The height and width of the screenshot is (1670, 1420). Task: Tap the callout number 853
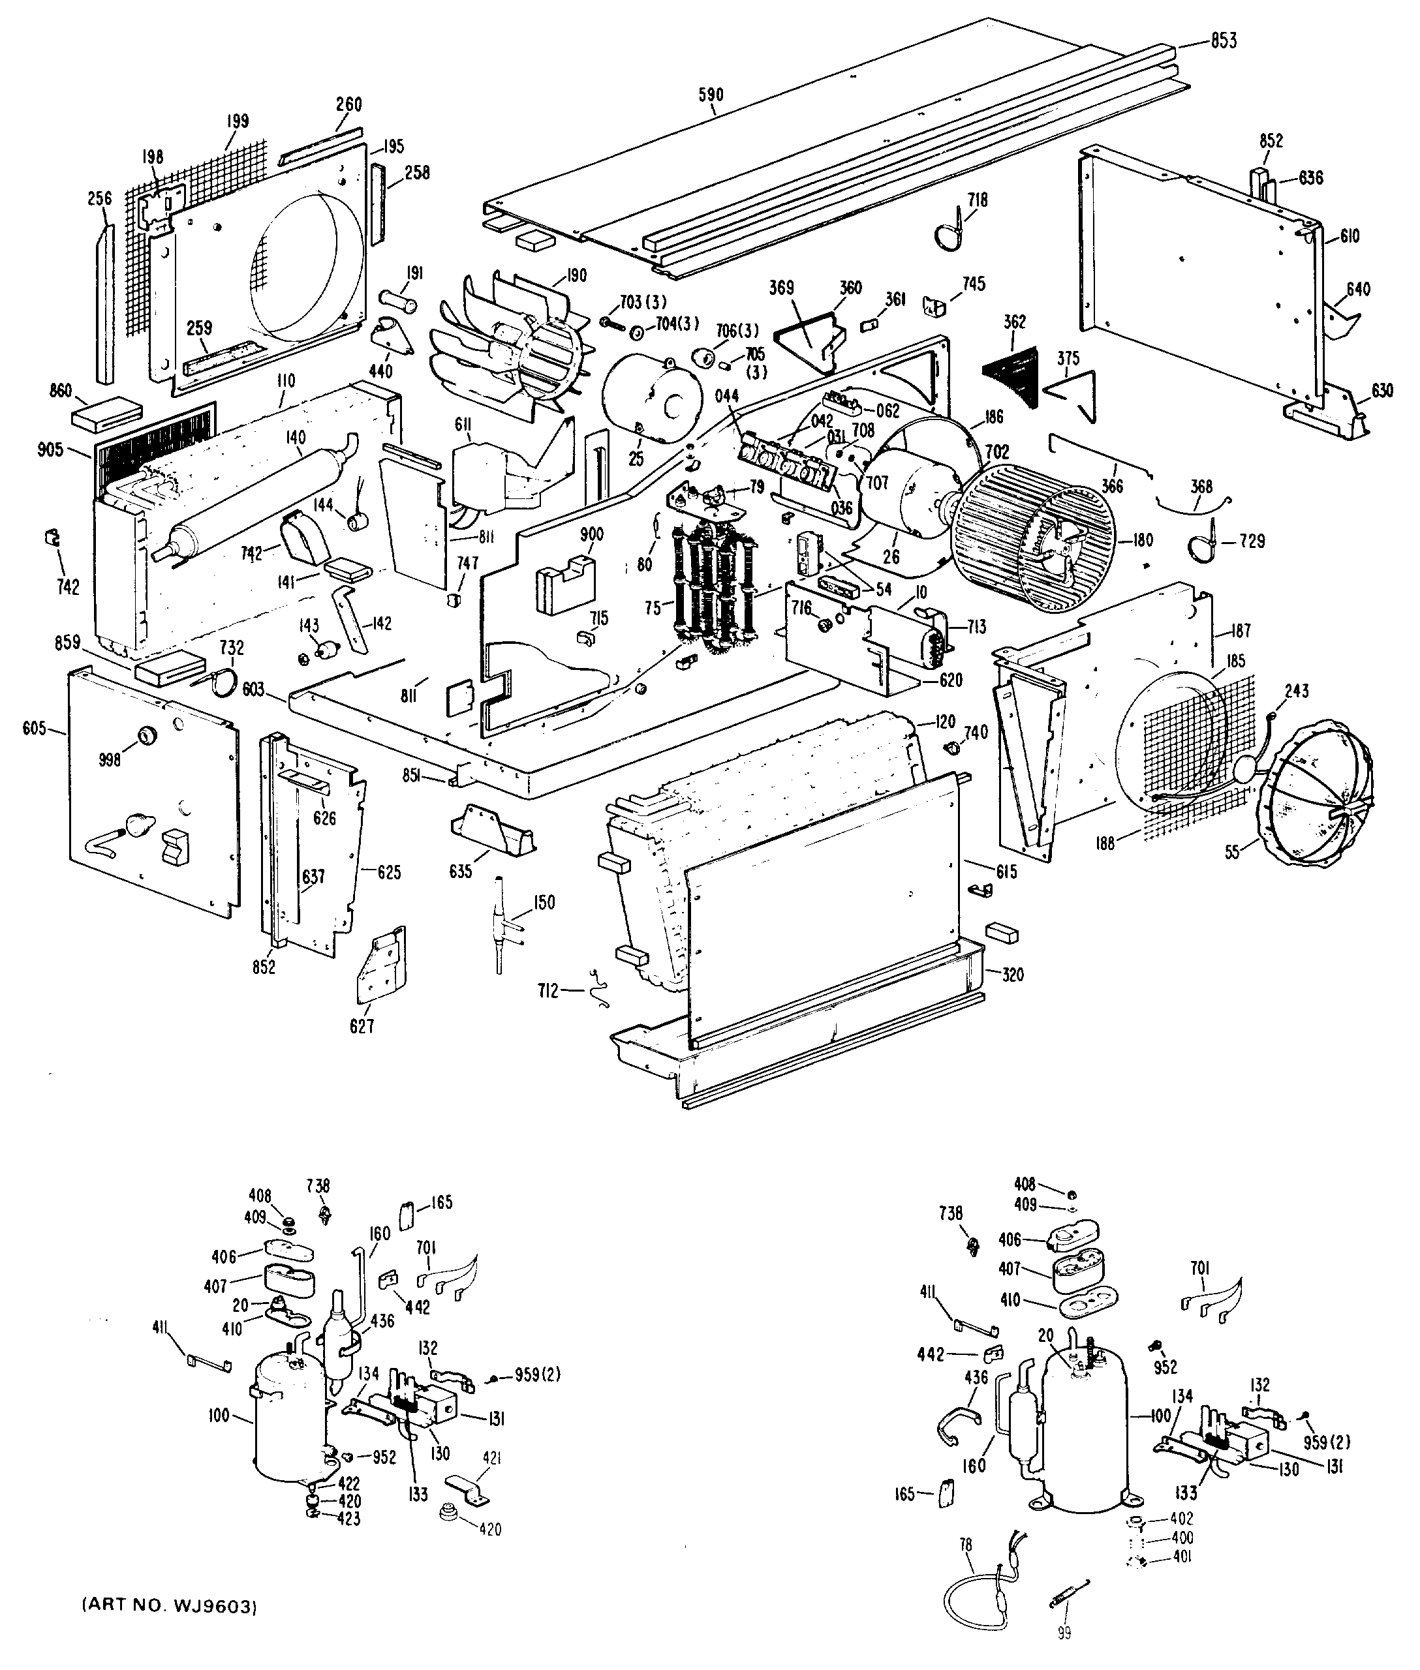(1223, 41)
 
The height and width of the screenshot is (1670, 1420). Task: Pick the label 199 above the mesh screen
(237, 121)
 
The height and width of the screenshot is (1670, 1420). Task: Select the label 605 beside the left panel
(34, 729)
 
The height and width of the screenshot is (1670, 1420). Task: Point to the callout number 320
(1012, 975)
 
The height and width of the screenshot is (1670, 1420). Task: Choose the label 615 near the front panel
(1006, 872)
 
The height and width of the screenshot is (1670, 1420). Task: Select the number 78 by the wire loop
(966, 1545)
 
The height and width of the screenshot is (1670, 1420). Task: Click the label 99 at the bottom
(1064, 1633)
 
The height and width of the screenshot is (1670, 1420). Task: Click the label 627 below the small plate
(362, 1026)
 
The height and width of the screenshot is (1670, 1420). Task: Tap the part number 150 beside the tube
(544, 902)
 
